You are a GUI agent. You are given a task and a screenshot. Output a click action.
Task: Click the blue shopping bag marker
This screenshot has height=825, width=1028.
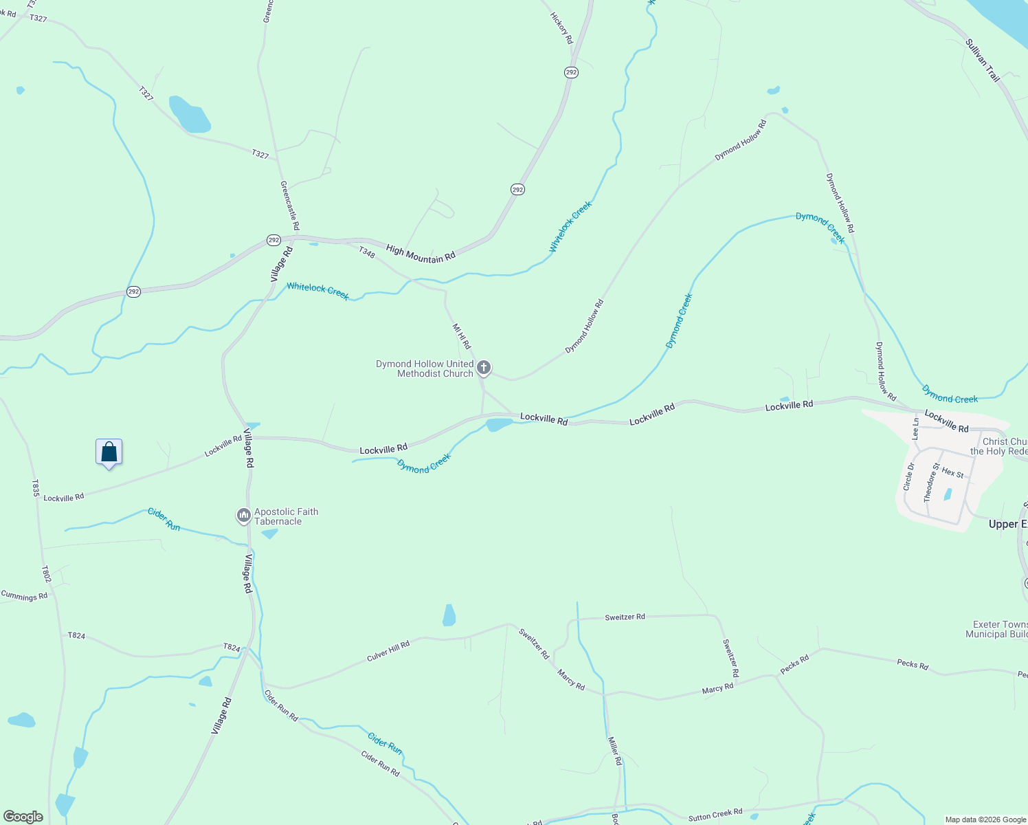click(x=109, y=452)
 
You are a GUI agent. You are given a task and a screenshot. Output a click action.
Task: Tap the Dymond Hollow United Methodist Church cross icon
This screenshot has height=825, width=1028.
click(x=484, y=368)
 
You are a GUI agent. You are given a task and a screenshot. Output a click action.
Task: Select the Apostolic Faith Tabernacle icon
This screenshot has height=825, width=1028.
click(x=243, y=515)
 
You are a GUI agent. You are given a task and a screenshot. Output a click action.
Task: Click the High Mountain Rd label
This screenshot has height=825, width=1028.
click(x=421, y=254)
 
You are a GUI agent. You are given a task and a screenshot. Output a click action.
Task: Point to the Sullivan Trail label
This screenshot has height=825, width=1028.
click(x=983, y=60)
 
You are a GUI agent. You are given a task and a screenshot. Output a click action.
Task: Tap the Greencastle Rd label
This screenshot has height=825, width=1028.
click(x=290, y=205)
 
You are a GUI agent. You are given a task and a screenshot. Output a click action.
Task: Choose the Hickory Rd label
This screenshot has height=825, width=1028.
click(x=561, y=27)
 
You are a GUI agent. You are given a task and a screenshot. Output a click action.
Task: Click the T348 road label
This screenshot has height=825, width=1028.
click(x=367, y=253)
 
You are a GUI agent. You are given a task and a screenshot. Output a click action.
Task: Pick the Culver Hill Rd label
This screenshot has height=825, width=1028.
click(x=388, y=650)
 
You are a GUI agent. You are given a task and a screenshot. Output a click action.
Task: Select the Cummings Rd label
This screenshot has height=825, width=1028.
click(x=24, y=596)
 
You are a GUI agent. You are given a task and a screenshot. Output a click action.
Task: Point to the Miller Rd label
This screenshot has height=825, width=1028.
click(x=614, y=751)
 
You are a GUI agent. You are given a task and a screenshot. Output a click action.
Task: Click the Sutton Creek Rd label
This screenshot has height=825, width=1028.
click(x=715, y=815)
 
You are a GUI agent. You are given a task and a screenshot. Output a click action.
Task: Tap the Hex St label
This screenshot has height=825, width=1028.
click(x=952, y=472)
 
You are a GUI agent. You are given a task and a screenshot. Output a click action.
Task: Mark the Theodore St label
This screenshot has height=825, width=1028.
click(x=930, y=483)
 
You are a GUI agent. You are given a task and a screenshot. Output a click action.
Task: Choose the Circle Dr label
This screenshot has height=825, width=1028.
click(x=909, y=476)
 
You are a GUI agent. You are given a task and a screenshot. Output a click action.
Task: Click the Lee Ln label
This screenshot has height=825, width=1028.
click(x=915, y=429)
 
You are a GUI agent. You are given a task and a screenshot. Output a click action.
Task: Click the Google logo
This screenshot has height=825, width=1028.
click(x=23, y=817)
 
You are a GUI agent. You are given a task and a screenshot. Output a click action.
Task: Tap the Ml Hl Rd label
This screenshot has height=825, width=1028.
click(x=461, y=336)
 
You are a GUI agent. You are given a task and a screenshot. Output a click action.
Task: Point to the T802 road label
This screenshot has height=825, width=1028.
click(x=46, y=574)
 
